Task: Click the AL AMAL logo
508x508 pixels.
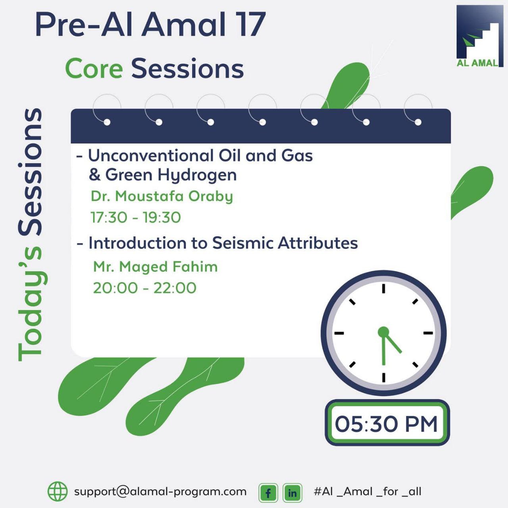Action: click(480, 36)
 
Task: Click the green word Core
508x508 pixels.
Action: click(94, 69)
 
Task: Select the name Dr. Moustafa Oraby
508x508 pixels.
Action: click(162, 197)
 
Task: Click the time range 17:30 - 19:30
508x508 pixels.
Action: click(136, 217)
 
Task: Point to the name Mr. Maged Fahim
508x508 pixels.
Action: click(156, 267)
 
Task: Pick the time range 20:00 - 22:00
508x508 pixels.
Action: click(145, 288)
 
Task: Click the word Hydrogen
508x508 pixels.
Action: click(197, 175)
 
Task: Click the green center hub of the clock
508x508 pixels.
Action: click(383, 332)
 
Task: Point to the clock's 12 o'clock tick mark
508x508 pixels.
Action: click(383, 289)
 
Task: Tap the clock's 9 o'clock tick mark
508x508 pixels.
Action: click(339, 333)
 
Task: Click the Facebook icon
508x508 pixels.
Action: click(268, 493)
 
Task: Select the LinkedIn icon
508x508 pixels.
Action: click(292, 493)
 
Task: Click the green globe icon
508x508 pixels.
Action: click(58, 491)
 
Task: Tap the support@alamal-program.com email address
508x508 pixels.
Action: click(160, 492)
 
